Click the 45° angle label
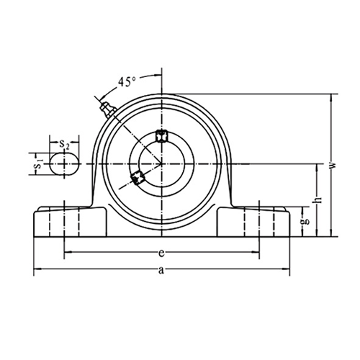(x=127, y=81)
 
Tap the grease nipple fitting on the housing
(x=108, y=109)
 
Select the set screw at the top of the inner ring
(x=161, y=136)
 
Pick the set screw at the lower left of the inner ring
(x=138, y=178)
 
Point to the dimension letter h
(x=318, y=200)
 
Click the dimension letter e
(x=161, y=253)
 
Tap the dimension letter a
(x=161, y=271)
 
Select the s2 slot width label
(x=64, y=144)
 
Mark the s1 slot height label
(x=39, y=164)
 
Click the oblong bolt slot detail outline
(x=64, y=164)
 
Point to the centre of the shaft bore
(x=161, y=164)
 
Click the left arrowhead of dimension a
(x=37, y=269)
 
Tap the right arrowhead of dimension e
(x=256, y=252)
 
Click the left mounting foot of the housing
(x=70, y=222)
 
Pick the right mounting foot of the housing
(x=253, y=222)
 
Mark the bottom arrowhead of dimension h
(x=318, y=233)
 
